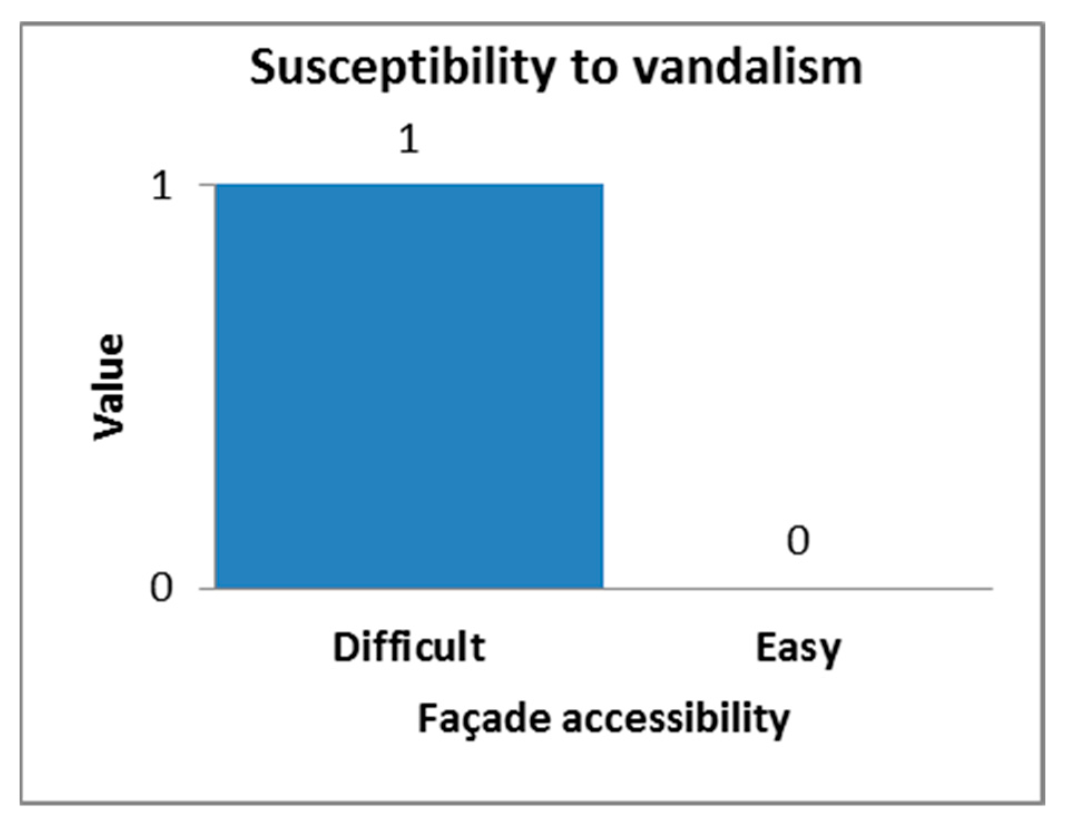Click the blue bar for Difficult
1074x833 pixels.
coord(409,386)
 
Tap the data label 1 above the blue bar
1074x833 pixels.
coord(409,139)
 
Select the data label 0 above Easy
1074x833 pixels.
coord(798,541)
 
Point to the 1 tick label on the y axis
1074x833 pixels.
coord(162,186)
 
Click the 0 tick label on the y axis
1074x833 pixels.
coord(161,588)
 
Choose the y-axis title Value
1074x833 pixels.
coord(108,387)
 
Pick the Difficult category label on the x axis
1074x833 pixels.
coord(409,648)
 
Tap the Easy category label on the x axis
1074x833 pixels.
coord(798,649)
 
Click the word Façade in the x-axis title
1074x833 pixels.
coord(484,719)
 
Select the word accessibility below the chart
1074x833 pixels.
coord(675,719)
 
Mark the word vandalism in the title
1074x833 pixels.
coord(748,68)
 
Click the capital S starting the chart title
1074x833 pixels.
coord(264,67)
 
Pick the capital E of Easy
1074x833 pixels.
coord(766,648)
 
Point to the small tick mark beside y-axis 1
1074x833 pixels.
coord(207,184)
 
